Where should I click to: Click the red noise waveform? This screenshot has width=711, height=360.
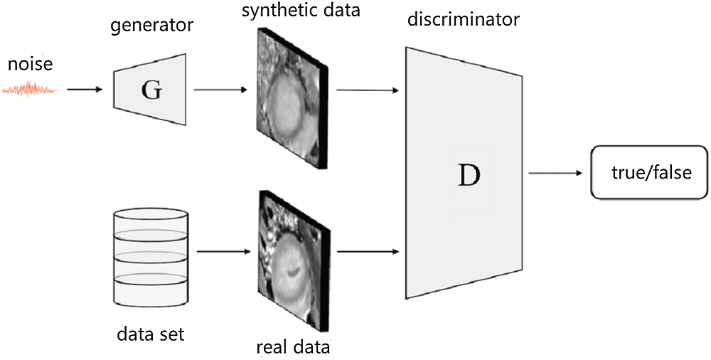pyautogui.click(x=29, y=90)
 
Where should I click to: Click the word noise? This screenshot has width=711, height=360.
pyautogui.click(x=30, y=65)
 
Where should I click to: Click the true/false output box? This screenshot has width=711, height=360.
pyautogui.click(x=651, y=172)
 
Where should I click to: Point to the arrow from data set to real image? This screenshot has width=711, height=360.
pyautogui.click(x=220, y=251)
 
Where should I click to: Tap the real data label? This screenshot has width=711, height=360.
pyautogui.click(x=293, y=348)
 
